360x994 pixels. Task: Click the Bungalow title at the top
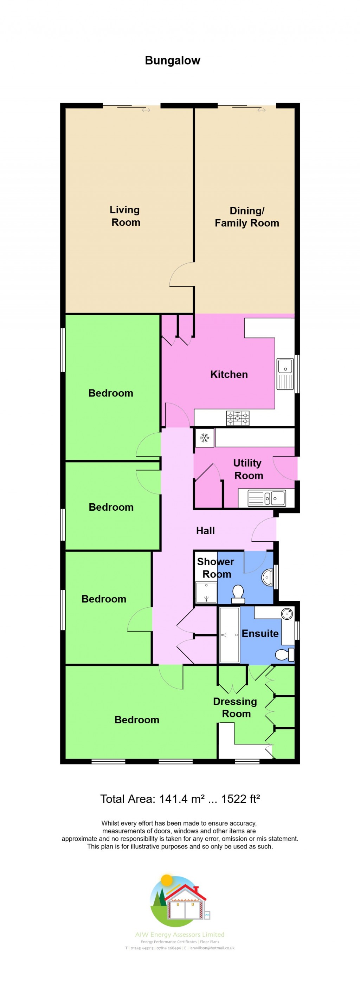[x=173, y=60]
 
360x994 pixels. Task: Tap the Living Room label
[x=125, y=216]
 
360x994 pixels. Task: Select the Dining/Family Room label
[x=246, y=217]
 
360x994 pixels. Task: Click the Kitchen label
[x=229, y=374]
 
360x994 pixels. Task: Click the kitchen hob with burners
[x=237, y=418]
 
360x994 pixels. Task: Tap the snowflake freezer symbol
[x=205, y=438]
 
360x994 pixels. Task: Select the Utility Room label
[x=248, y=469]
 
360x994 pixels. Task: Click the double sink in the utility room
[x=267, y=498]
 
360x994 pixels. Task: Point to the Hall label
[x=205, y=531]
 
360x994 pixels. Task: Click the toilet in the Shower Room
[x=238, y=593]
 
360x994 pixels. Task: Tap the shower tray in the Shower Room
[x=206, y=592]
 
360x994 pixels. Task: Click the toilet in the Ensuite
[x=284, y=654]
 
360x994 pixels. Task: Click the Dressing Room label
[x=235, y=707]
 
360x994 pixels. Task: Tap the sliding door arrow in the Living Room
[x=146, y=110]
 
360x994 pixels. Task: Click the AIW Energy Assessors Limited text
[x=180, y=935]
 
